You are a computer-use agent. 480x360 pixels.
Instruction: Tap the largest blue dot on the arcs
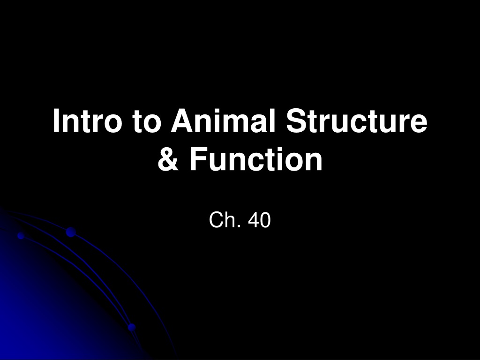(71, 232)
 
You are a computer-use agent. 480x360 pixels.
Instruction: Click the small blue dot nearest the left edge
(21, 236)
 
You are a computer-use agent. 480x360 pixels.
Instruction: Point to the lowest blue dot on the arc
(132, 327)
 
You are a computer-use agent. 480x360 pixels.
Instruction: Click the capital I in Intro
(56, 120)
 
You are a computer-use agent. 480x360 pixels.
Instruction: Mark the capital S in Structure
(297, 120)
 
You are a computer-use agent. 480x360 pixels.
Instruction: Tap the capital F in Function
(199, 158)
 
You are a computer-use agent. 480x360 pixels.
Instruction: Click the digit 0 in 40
(265, 220)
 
